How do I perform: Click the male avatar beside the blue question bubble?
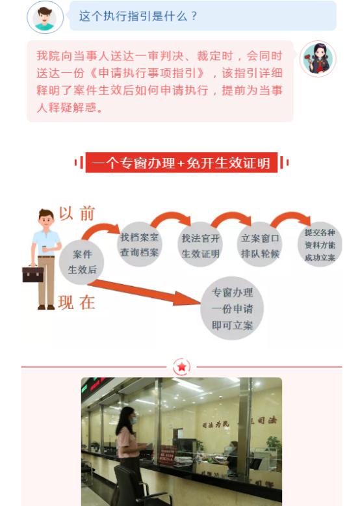click(x=45, y=17)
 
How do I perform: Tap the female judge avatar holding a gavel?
click(x=318, y=59)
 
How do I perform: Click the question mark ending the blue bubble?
click(x=194, y=16)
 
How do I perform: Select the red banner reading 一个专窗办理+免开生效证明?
click(x=181, y=163)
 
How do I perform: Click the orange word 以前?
click(x=77, y=213)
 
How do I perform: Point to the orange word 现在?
click(x=77, y=303)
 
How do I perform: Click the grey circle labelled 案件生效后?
click(x=81, y=262)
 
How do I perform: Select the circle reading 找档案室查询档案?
click(x=139, y=245)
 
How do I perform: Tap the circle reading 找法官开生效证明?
click(x=200, y=245)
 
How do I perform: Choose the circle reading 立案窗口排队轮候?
click(x=260, y=245)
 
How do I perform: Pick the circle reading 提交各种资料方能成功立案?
click(x=320, y=245)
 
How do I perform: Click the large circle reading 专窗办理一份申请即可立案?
click(x=232, y=308)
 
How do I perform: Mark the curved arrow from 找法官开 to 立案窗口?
click(x=231, y=216)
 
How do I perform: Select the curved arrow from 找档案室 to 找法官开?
click(x=170, y=215)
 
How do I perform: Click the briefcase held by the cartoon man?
click(x=33, y=274)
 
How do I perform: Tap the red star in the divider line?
click(x=182, y=367)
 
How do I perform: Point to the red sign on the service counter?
click(x=167, y=455)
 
